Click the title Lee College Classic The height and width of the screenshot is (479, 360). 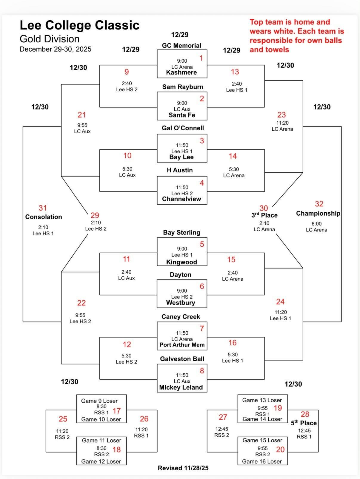(x=79, y=25)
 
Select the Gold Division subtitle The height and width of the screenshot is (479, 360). (x=50, y=39)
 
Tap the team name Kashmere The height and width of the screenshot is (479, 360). (x=181, y=72)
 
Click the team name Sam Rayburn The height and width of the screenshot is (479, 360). (x=183, y=87)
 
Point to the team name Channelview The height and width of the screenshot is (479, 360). (x=181, y=199)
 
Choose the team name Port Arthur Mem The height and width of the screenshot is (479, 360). (x=182, y=345)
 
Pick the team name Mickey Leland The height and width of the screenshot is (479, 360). (x=181, y=387)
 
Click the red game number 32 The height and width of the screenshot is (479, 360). (x=319, y=204)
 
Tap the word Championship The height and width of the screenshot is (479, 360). (x=318, y=213)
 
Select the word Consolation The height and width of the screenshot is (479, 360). (x=44, y=217)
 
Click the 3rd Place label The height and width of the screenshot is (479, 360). (x=264, y=215)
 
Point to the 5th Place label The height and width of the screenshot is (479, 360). (x=304, y=423)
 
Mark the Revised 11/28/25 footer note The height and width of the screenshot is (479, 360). (x=183, y=468)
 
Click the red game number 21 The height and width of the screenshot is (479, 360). (x=82, y=115)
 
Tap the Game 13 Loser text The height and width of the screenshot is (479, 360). (x=262, y=400)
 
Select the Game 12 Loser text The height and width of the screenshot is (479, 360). (x=101, y=461)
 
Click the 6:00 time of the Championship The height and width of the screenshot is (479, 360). (x=316, y=224)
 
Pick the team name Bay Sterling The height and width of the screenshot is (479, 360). (x=181, y=233)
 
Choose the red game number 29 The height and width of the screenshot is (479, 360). (x=95, y=215)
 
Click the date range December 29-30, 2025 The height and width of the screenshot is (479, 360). (x=56, y=49)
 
